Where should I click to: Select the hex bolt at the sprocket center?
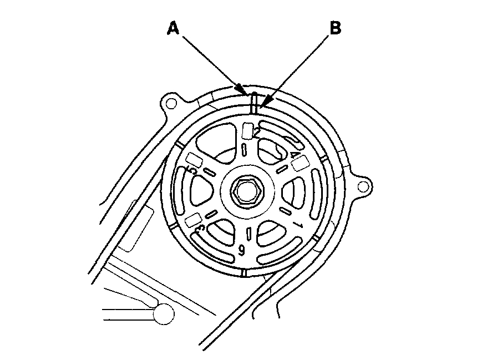point(245,192)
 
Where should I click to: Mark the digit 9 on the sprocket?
point(242,250)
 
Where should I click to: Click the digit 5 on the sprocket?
point(192,170)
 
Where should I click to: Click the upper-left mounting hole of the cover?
point(171,104)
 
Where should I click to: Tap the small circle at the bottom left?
point(163,315)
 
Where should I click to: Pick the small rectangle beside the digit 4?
point(300,163)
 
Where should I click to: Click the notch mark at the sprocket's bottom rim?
point(244,273)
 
